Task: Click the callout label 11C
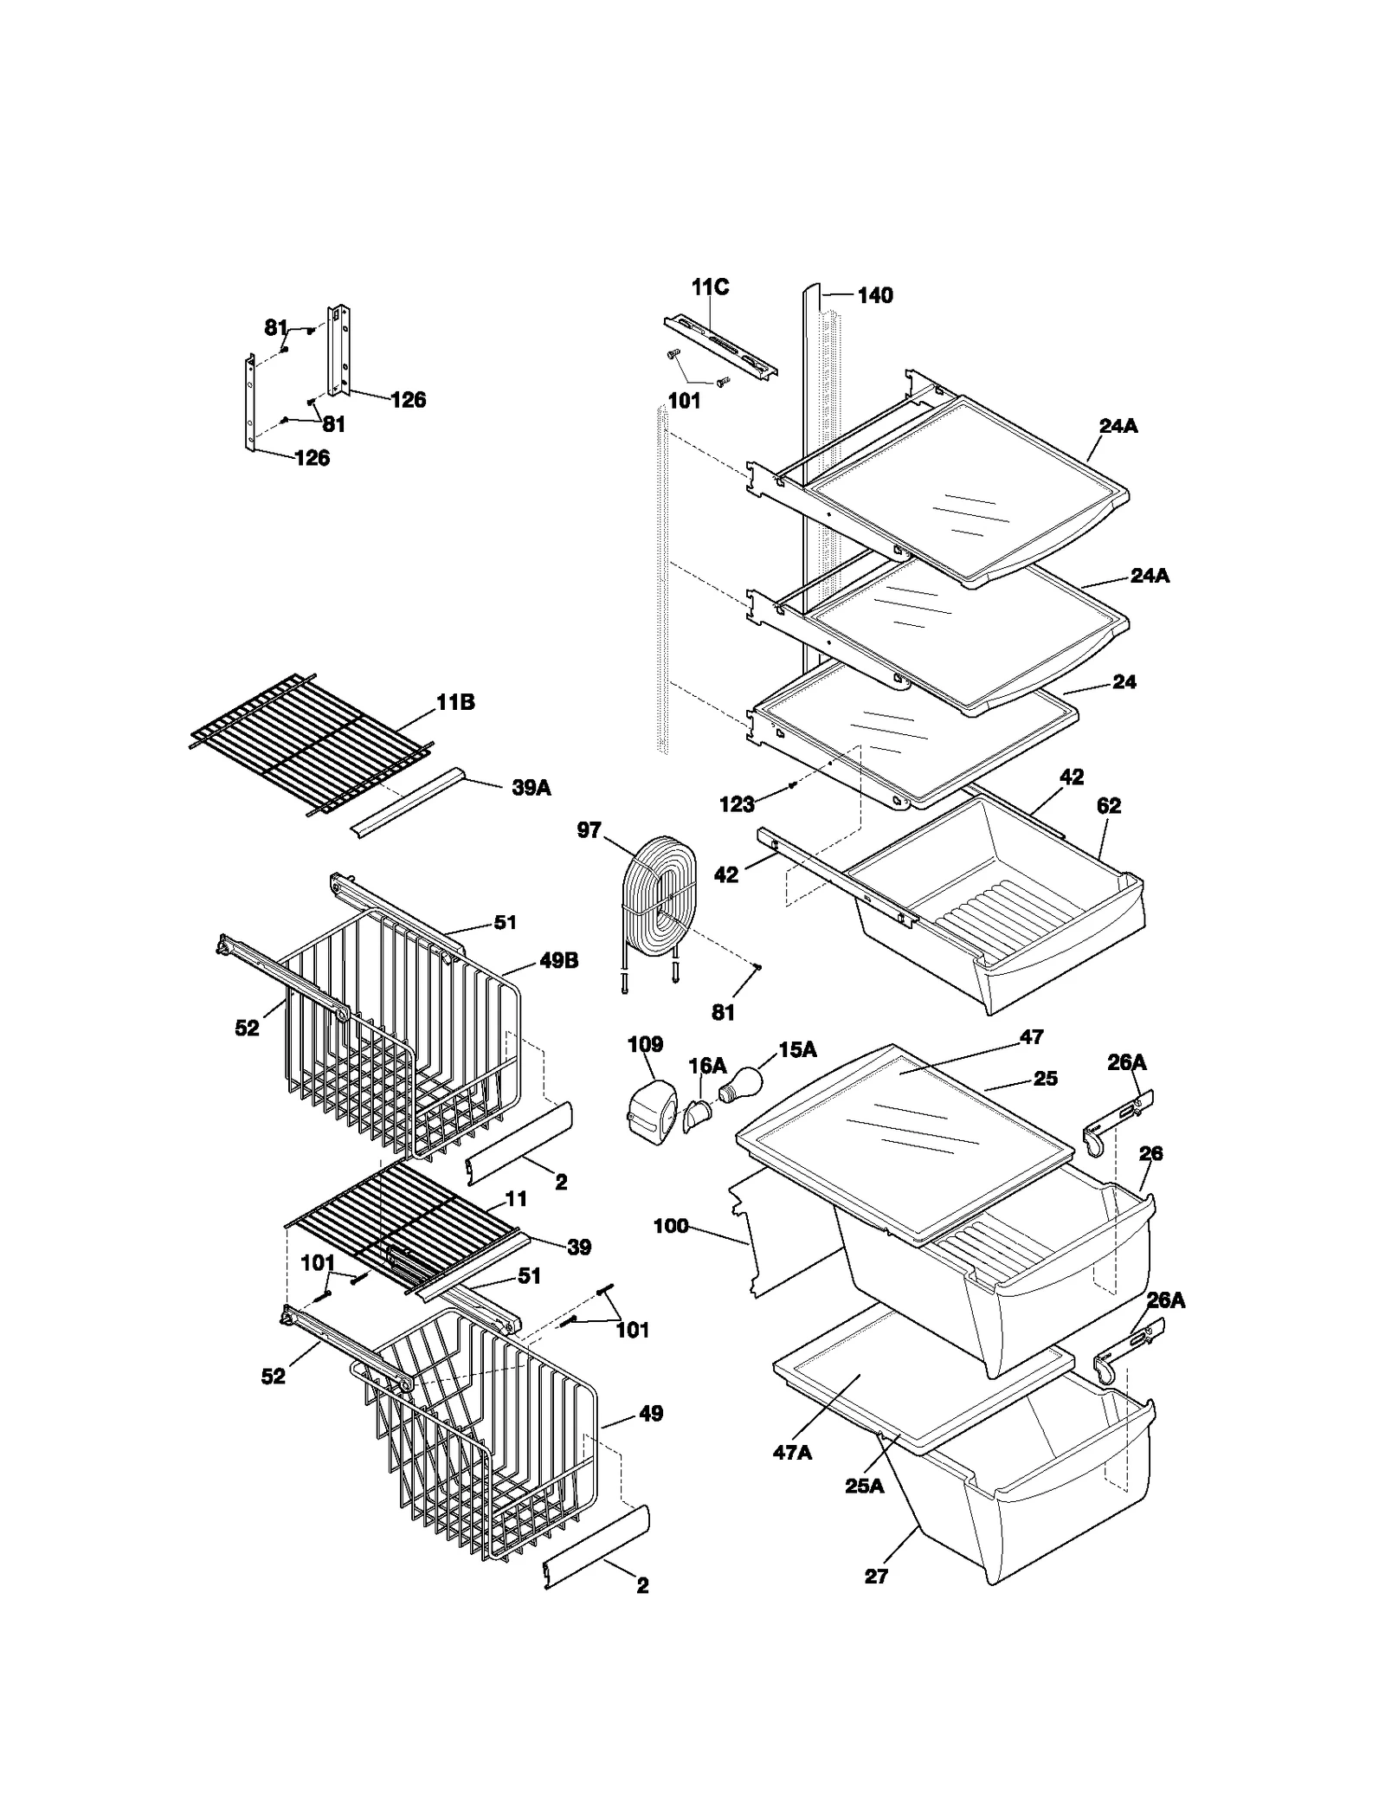click(x=709, y=287)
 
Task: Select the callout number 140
click(x=874, y=296)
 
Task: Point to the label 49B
click(x=559, y=960)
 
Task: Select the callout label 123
click(x=737, y=804)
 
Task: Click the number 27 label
click(x=876, y=1577)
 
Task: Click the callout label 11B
click(x=455, y=702)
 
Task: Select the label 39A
click(x=531, y=787)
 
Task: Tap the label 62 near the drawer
click(x=1108, y=806)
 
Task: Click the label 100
click(x=671, y=1226)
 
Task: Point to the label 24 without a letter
click(x=1124, y=682)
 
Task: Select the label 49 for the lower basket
click(x=650, y=1414)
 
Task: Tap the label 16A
click(x=707, y=1066)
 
